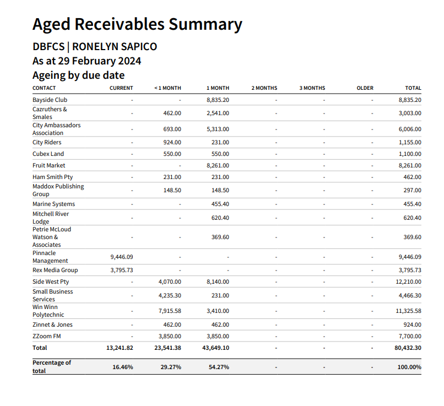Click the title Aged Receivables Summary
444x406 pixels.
click(x=137, y=25)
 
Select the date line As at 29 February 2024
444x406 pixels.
click(x=86, y=61)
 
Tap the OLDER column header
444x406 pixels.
click(x=365, y=88)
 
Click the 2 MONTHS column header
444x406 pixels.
click(x=264, y=88)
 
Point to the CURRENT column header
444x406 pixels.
click(x=121, y=88)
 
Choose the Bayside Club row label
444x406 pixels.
click(x=50, y=100)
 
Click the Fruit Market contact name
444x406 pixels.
click(x=48, y=165)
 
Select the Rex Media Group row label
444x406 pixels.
click(x=55, y=270)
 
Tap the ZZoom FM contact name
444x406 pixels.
click(x=47, y=336)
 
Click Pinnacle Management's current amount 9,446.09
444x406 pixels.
click(x=122, y=257)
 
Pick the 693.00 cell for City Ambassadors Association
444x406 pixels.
click(x=172, y=129)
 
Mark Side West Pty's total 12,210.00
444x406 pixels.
click(x=408, y=282)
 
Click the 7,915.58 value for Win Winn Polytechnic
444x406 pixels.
click(x=170, y=311)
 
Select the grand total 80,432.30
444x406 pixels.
click(x=408, y=348)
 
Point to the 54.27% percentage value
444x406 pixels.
click(x=219, y=367)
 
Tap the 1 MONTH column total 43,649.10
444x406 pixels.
click(x=216, y=348)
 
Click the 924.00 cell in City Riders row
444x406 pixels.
click(x=172, y=142)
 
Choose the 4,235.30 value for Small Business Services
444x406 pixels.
click(x=170, y=296)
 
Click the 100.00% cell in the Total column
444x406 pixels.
click(x=409, y=367)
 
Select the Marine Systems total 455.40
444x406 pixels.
click(x=412, y=204)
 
